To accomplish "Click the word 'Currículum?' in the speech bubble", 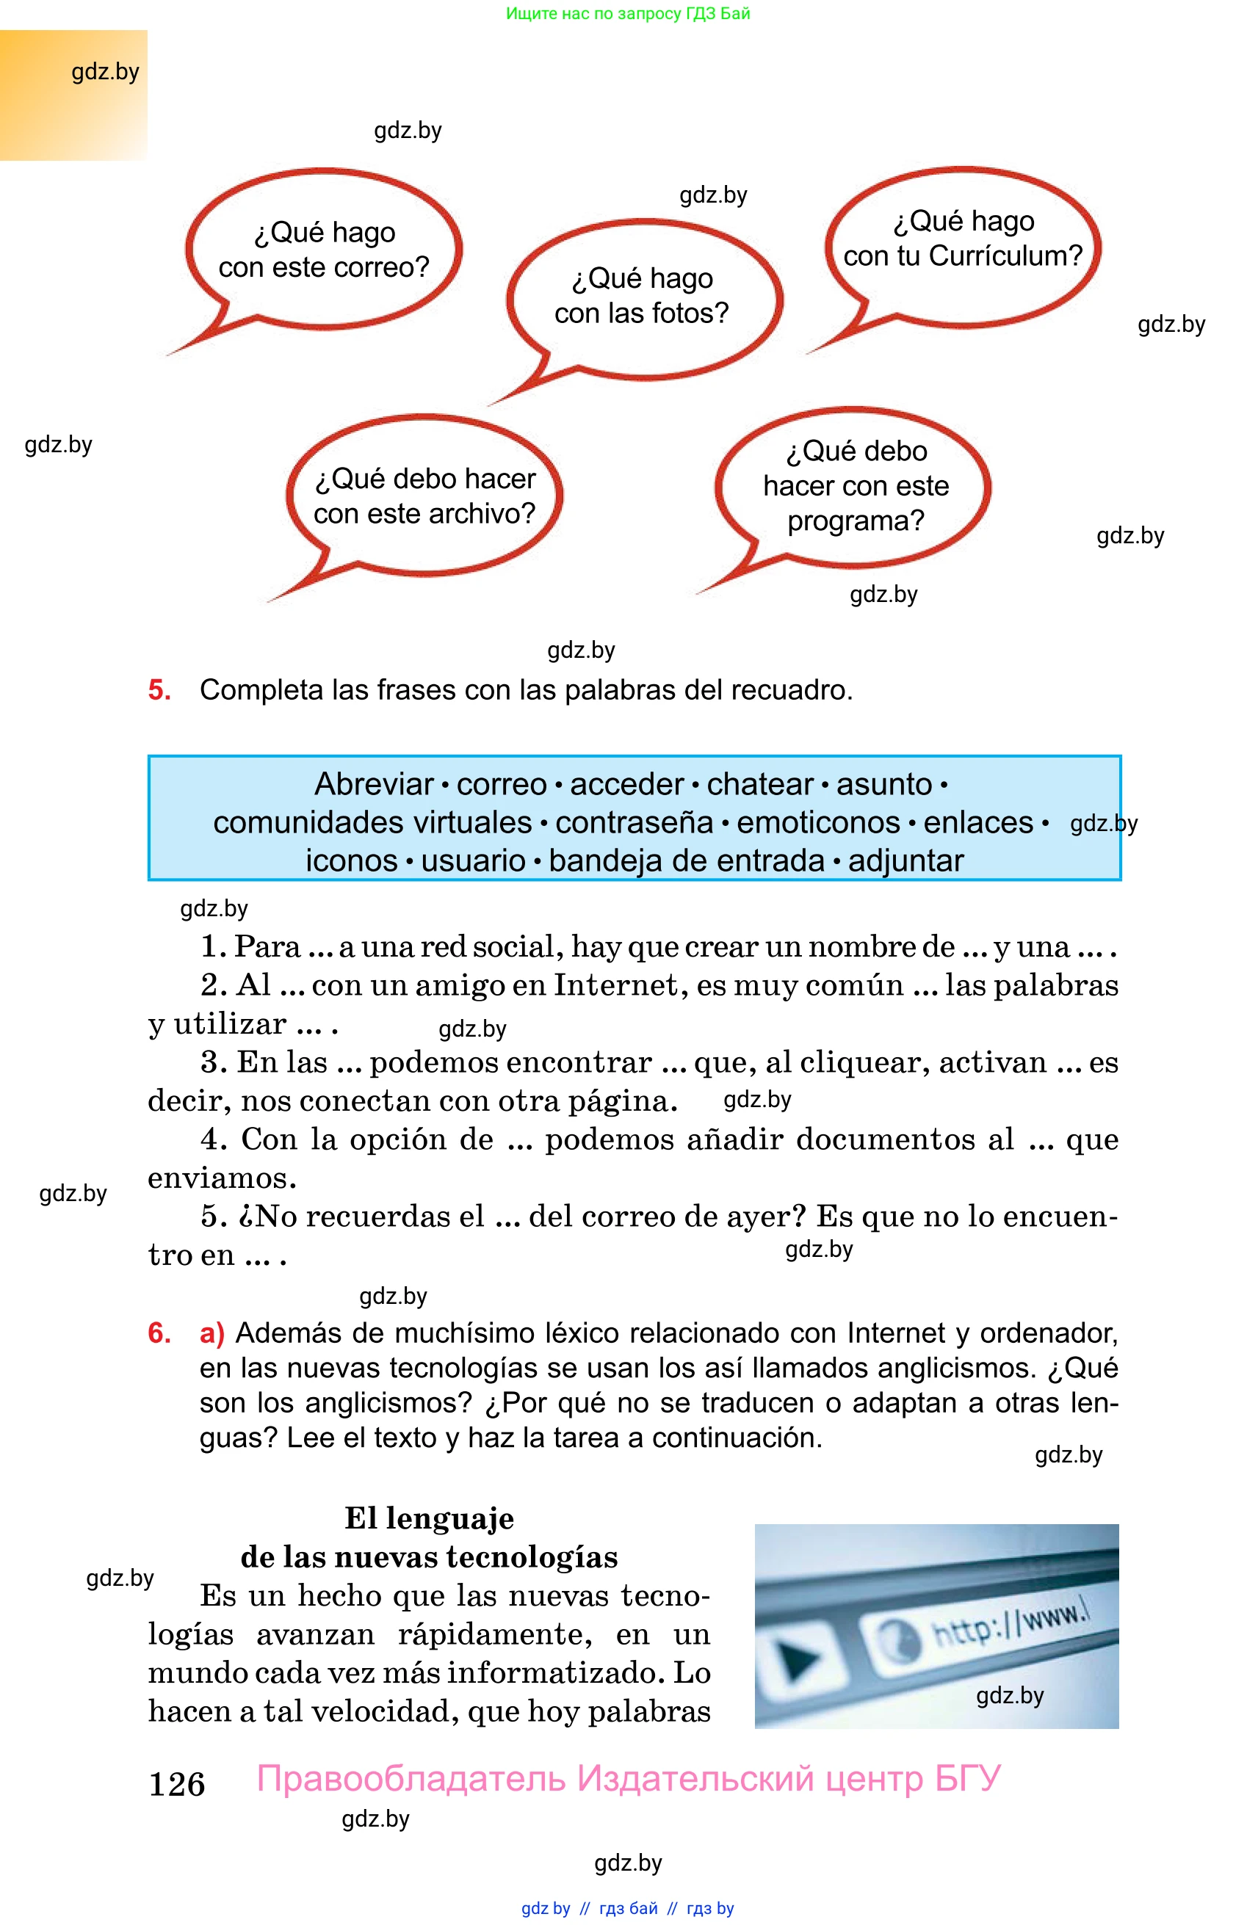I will pyautogui.click(x=1005, y=255).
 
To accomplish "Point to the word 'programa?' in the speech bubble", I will pyautogui.click(x=856, y=521).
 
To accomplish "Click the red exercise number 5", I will pyautogui.click(x=159, y=690).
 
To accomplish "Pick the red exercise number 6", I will pyautogui.click(x=159, y=1333).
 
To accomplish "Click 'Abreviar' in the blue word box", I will pyautogui.click(x=375, y=785).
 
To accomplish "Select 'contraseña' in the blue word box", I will pyautogui.click(x=635, y=822).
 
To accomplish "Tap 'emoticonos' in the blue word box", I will pyautogui.click(x=818, y=822).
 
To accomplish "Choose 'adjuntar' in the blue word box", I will pyautogui.click(x=906, y=860).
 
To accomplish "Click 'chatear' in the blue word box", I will pyautogui.click(x=759, y=785).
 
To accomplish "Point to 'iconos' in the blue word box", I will pyautogui.click(x=351, y=860).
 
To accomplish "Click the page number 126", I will pyautogui.click(x=176, y=1784).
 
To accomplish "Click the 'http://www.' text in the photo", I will pyautogui.click(x=1011, y=1624).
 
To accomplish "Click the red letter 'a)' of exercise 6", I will pyautogui.click(x=212, y=1333).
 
